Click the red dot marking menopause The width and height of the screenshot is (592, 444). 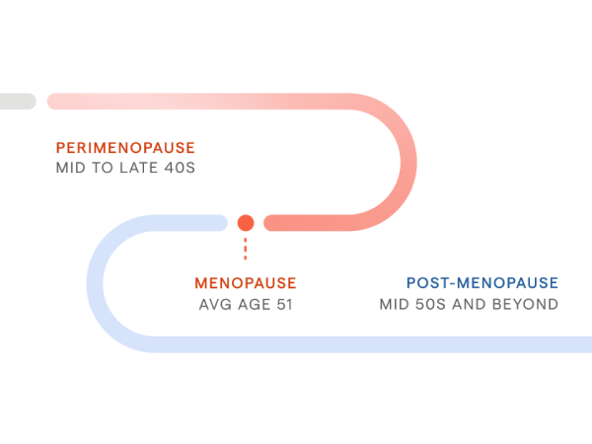point(246,223)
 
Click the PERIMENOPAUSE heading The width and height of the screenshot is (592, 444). point(125,147)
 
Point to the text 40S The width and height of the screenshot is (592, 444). point(182,168)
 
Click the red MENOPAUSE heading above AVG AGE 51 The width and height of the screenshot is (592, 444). point(245,283)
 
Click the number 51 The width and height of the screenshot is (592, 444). point(283,304)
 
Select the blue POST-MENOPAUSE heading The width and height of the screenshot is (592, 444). point(481,283)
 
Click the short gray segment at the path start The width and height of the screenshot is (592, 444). point(17,102)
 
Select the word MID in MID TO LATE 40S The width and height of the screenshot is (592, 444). point(72,168)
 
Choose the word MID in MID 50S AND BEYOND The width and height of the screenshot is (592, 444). point(395,304)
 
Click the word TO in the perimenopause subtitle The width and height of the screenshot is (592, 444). point(106,168)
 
